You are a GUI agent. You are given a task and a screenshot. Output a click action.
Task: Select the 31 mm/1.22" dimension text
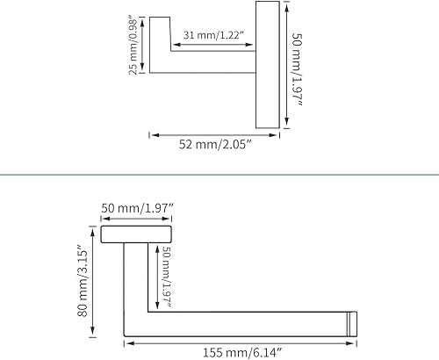point(213,36)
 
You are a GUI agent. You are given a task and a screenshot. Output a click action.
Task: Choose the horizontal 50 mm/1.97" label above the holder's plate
point(137,207)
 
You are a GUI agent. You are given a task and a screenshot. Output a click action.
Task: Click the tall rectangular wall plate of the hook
point(268,64)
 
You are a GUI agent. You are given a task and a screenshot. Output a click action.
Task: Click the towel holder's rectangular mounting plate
point(136,233)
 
